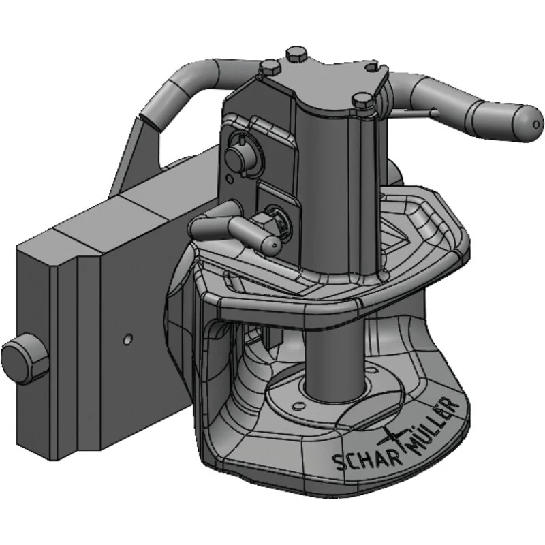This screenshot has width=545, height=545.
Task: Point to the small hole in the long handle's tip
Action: point(536,124)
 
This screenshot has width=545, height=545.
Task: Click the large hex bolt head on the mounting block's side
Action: point(24,362)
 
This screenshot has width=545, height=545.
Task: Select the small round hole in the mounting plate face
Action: point(128,339)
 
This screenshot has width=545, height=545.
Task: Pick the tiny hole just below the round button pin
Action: point(230,179)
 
